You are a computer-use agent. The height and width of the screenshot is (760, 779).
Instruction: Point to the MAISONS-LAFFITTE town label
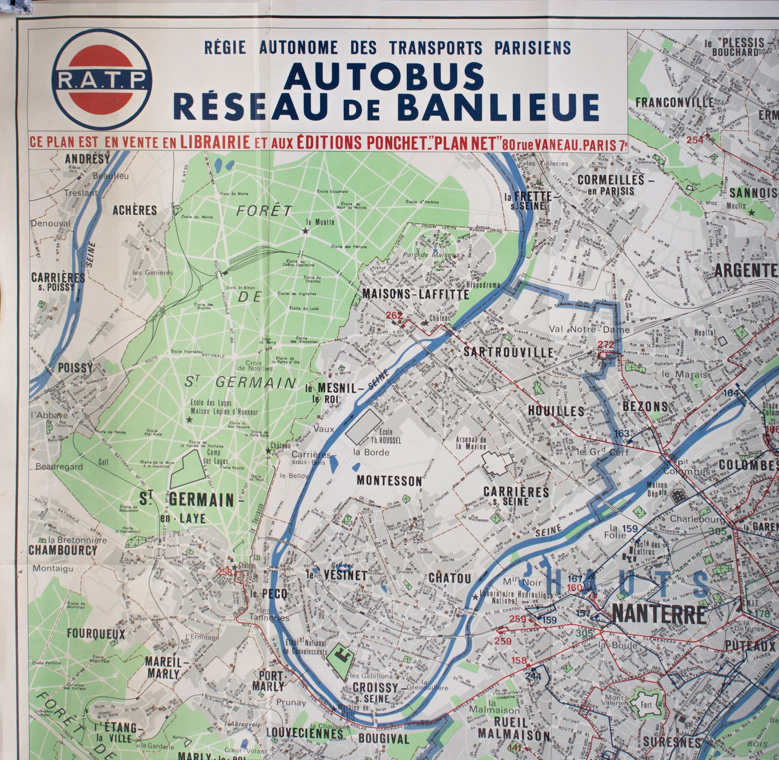[x=415, y=294]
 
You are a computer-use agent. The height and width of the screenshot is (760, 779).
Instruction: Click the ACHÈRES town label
[x=135, y=210]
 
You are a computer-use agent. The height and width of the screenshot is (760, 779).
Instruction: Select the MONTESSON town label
[x=389, y=480]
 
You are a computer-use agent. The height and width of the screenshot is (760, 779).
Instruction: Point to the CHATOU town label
[x=449, y=578]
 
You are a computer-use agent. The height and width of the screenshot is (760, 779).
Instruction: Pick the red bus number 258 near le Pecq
[x=225, y=572]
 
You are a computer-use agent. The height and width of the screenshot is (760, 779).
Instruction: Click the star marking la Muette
[x=305, y=231]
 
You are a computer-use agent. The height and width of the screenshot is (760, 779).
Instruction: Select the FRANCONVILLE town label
[x=674, y=102]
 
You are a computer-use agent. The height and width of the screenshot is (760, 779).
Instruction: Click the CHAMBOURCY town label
[x=63, y=550]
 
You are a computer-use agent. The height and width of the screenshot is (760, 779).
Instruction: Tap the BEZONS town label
[x=645, y=406]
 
